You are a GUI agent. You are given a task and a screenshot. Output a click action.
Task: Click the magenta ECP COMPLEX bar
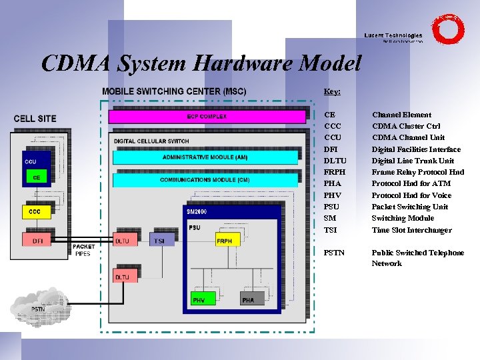pyautogui.click(x=206, y=117)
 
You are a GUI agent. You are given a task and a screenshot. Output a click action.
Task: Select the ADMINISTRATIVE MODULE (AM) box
pyautogui.click(x=205, y=157)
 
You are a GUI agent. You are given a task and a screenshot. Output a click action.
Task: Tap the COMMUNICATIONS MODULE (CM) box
pyautogui.click(x=205, y=180)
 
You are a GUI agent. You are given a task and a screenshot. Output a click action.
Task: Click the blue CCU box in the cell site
pyautogui.click(x=37, y=163)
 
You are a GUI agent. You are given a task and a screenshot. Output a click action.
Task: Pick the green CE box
pyautogui.click(x=37, y=178)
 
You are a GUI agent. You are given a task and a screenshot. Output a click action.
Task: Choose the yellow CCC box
pyautogui.click(x=35, y=212)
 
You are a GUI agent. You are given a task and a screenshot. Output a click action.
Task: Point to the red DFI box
pyautogui.click(x=37, y=241)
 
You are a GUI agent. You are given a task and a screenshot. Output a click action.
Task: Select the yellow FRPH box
pyautogui.click(x=224, y=241)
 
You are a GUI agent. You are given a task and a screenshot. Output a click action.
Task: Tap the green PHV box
pyautogui.click(x=199, y=301)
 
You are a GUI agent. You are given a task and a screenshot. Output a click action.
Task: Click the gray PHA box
pyautogui.click(x=248, y=301)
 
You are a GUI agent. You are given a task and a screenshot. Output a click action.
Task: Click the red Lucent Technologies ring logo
pyautogui.click(x=447, y=30)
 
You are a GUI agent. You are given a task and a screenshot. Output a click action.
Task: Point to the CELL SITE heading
pyautogui.click(x=35, y=119)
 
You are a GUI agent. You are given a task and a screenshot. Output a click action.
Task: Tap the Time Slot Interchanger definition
pyautogui.click(x=411, y=230)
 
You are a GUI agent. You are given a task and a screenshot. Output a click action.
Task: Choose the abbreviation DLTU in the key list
pyautogui.click(x=335, y=161)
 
